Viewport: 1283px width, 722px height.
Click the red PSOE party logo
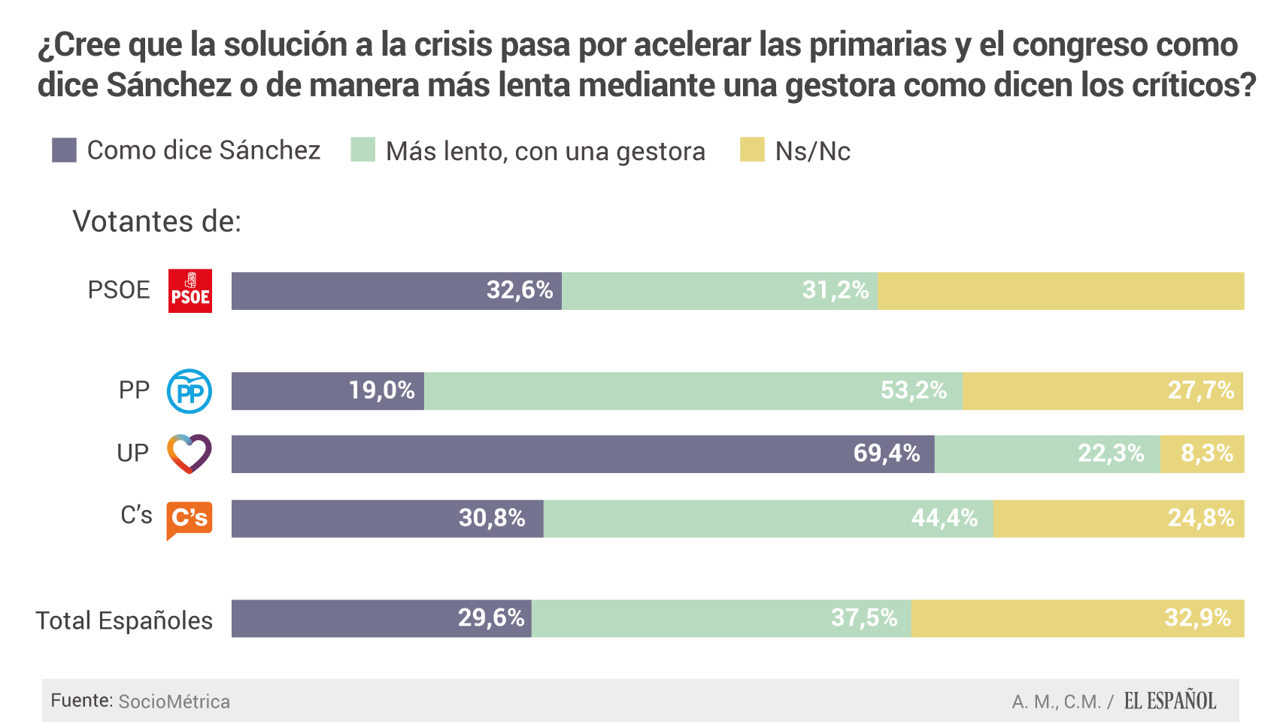(x=190, y=291)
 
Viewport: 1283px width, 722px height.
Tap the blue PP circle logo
(x=189, y=391)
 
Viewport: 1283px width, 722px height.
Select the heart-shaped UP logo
(x=189, y=454)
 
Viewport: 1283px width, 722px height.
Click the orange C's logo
(x=189, y=519)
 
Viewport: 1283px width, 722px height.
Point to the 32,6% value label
(x=520, y=290)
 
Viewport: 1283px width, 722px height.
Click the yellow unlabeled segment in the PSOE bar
(x=1060, y=291)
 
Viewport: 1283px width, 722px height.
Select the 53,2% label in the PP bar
(x=914, y=390)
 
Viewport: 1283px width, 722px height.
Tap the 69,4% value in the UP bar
(x=887, y=454)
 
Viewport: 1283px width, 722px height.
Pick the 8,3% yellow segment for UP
(x=1203, y=454)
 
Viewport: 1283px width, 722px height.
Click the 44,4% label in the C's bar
(x=945, y=518)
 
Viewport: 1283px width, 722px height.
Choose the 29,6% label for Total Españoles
(x=491, y=618)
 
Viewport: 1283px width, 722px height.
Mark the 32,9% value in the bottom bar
(x=1197, y=618)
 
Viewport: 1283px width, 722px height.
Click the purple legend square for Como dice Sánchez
(x=64, y=150)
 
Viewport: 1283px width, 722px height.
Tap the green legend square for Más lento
(x=362, y=150)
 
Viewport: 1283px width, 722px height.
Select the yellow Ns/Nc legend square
(x=752, y=150)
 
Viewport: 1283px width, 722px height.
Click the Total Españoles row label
(x=124, y=620)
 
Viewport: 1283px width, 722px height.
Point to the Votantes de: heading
(x=156, y=222)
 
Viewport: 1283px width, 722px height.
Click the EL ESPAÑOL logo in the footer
(x=1169, y=701)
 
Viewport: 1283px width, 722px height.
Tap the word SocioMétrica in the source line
(x=174, y=702)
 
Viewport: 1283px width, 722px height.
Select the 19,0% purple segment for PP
(x=328, y=391)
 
